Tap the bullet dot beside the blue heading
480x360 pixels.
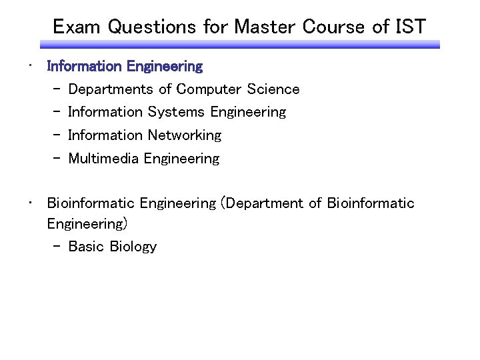coord(30,66)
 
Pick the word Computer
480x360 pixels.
coord(209,89)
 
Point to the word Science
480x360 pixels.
coord(273,89)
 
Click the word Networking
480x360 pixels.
coord(185,135)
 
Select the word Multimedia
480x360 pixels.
coord(103,159)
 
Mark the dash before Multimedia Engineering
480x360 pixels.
coord(56,159)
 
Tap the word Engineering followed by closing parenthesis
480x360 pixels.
coord(87,223)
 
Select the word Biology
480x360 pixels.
coord(133,247)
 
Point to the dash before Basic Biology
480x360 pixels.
coord(56,247)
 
